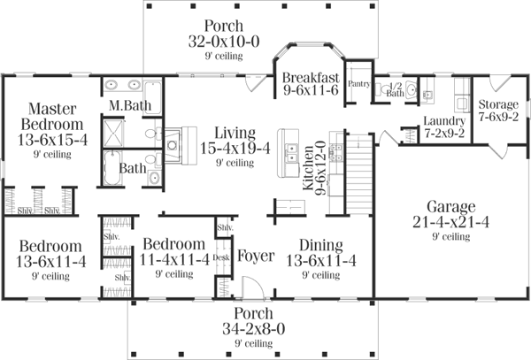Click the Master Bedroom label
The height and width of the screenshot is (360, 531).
(48, 116)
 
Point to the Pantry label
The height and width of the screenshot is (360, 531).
(358, 85)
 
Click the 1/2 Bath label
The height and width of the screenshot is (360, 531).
(396, 90)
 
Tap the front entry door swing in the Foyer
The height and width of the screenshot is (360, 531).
(252, 288)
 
